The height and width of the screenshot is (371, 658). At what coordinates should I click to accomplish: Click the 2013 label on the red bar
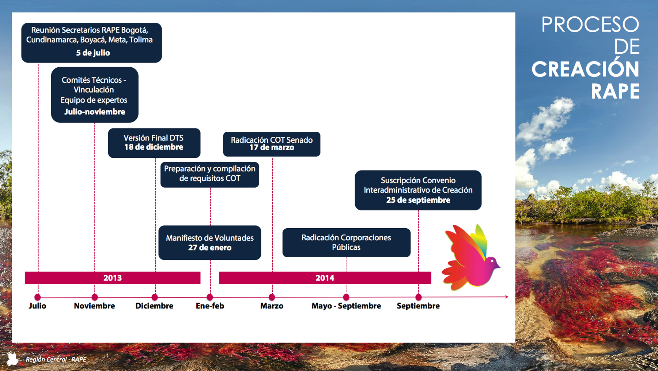113,278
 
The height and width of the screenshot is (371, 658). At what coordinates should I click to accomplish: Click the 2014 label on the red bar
325,278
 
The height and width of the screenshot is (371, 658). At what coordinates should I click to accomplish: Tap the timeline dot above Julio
37,297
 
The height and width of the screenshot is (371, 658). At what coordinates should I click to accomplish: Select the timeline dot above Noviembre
95,297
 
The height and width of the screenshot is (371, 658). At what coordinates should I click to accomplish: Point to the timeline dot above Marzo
272,297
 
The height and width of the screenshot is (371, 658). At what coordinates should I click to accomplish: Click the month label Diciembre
154,306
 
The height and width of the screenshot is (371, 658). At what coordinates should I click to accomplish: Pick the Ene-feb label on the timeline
210,306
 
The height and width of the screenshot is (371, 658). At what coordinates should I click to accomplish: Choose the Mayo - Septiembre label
346,306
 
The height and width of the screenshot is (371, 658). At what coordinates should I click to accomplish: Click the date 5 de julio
93,53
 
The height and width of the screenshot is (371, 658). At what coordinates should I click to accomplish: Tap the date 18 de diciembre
154,147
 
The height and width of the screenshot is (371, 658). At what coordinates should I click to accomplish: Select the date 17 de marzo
272,147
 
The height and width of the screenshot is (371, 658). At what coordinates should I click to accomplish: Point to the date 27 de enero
210,248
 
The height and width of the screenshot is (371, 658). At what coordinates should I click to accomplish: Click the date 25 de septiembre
418,200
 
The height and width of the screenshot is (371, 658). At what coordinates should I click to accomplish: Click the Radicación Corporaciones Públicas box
347,243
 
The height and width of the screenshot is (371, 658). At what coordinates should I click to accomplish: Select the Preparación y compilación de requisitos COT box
210,175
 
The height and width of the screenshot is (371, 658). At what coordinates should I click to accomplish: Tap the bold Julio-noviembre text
95,112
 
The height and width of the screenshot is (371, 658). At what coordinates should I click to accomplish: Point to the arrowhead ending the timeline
507,297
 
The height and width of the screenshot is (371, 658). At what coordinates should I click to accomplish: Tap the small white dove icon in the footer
12,359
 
